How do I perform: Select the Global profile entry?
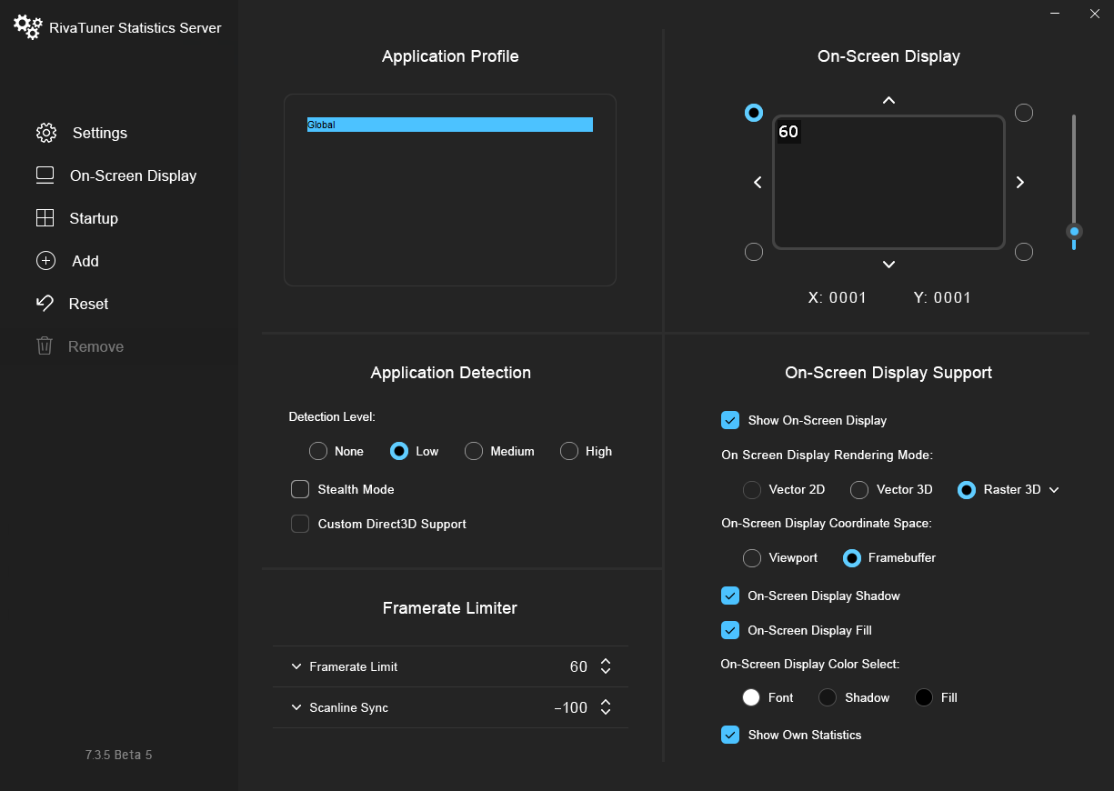449,125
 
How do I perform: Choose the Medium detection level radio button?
474,451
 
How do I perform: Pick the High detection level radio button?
569,451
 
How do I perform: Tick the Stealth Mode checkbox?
300,489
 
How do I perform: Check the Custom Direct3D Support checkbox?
300,524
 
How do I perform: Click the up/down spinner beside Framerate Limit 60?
606,666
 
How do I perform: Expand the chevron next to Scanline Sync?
296,707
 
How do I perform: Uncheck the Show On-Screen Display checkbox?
730,420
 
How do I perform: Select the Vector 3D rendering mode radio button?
859,489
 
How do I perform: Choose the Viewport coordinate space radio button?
752,557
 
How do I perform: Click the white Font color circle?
751,697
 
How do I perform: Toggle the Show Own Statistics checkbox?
730,735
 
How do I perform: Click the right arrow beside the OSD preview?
1020,183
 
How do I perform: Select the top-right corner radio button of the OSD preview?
1024,113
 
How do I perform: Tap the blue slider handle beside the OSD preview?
1074,231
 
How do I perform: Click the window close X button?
1095,14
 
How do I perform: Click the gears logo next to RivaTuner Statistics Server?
27,27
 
